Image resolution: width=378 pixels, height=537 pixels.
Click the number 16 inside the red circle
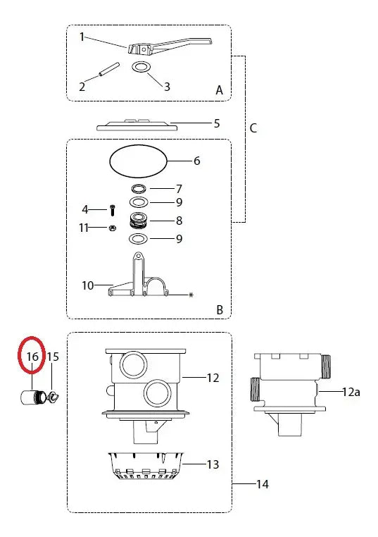point(32,357)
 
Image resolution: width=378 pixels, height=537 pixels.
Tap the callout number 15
point(53,357)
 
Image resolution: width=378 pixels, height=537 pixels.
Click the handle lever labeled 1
point(170,47)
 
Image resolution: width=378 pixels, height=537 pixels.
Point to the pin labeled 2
point(109,69)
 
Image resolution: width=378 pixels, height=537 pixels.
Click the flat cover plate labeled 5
point(137,127)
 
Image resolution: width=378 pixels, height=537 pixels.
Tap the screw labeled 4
point(113,210)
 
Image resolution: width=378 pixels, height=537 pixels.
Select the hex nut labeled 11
point(111,228)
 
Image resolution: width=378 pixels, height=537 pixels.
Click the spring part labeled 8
point(139,221)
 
